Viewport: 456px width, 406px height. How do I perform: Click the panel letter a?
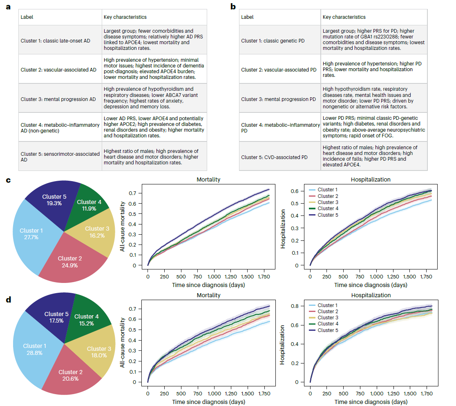pos(8,7)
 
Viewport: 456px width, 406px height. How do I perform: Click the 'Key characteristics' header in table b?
pos(344,17)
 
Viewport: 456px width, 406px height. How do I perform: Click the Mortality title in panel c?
pos(208,179)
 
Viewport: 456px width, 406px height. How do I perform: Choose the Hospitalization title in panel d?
pos(371,295)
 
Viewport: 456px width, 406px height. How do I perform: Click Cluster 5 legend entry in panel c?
pos(323,215)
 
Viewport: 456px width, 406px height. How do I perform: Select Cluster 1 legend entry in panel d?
pos(323,305)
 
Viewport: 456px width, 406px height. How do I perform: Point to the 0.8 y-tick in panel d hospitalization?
pos(295,306)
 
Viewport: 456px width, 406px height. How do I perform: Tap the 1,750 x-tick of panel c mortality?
pos(264,276)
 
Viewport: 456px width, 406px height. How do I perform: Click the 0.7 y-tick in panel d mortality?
pos(132,309)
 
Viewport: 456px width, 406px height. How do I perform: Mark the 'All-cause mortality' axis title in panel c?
pos(123,227)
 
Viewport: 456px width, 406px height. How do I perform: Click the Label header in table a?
pos(27,17)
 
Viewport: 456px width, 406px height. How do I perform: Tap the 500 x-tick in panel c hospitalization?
pos(343,276)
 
